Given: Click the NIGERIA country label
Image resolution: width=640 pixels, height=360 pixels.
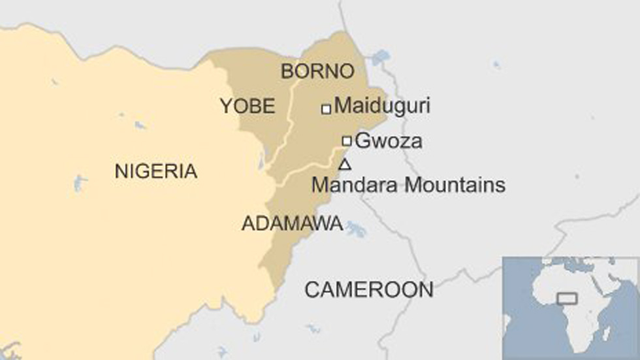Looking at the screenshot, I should [155, 172].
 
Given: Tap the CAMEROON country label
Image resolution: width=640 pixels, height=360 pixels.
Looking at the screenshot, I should [369, 289].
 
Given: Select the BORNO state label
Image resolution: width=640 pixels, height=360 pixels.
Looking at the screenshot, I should [317, 71].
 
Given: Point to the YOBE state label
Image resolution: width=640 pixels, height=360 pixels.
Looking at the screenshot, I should [248, 106].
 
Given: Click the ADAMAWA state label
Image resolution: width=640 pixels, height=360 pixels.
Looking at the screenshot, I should [292, 223].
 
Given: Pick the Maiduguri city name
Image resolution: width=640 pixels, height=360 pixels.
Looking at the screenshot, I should [382, 106].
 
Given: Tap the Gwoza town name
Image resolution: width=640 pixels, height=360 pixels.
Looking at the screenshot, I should [389, 141].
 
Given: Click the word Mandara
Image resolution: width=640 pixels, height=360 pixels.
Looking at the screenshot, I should [355, 185].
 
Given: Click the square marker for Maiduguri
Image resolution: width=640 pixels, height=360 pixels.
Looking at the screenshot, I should [326, 109].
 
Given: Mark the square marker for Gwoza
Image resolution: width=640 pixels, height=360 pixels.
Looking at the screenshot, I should [347, 140].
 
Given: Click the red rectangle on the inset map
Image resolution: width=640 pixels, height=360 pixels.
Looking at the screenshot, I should [567, 299].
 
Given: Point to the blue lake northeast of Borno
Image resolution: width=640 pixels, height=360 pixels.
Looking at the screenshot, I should [381, 57].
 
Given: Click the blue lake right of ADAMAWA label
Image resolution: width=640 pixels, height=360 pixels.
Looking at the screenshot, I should [356, 229].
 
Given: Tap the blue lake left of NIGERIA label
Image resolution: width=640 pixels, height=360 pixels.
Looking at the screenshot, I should [80, 183].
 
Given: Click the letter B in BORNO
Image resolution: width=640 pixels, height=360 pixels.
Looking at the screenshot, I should [287, 71].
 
